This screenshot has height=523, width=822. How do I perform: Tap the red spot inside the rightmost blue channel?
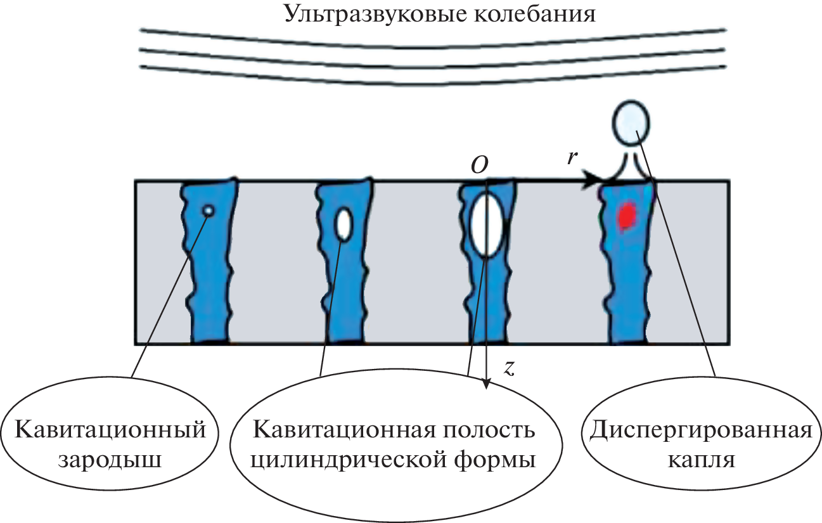pos(627,216)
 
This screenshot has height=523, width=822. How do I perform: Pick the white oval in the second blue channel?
pos(344,224)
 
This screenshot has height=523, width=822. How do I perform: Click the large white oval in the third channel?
pos(487,225)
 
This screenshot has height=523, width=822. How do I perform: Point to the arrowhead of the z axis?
pos(486,382)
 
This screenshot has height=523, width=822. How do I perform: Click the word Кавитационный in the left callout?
pos(110,430)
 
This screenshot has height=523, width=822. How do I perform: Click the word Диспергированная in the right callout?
pos(700,431)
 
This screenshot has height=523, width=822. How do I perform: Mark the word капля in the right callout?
pos(701,460)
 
